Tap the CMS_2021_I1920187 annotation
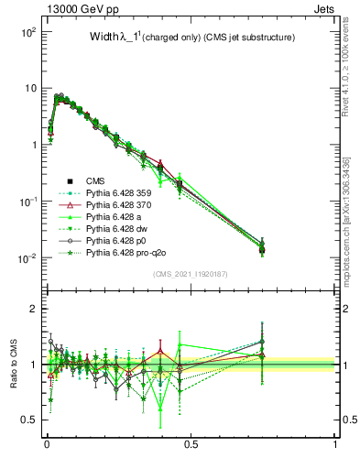[x=191, y=273]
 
